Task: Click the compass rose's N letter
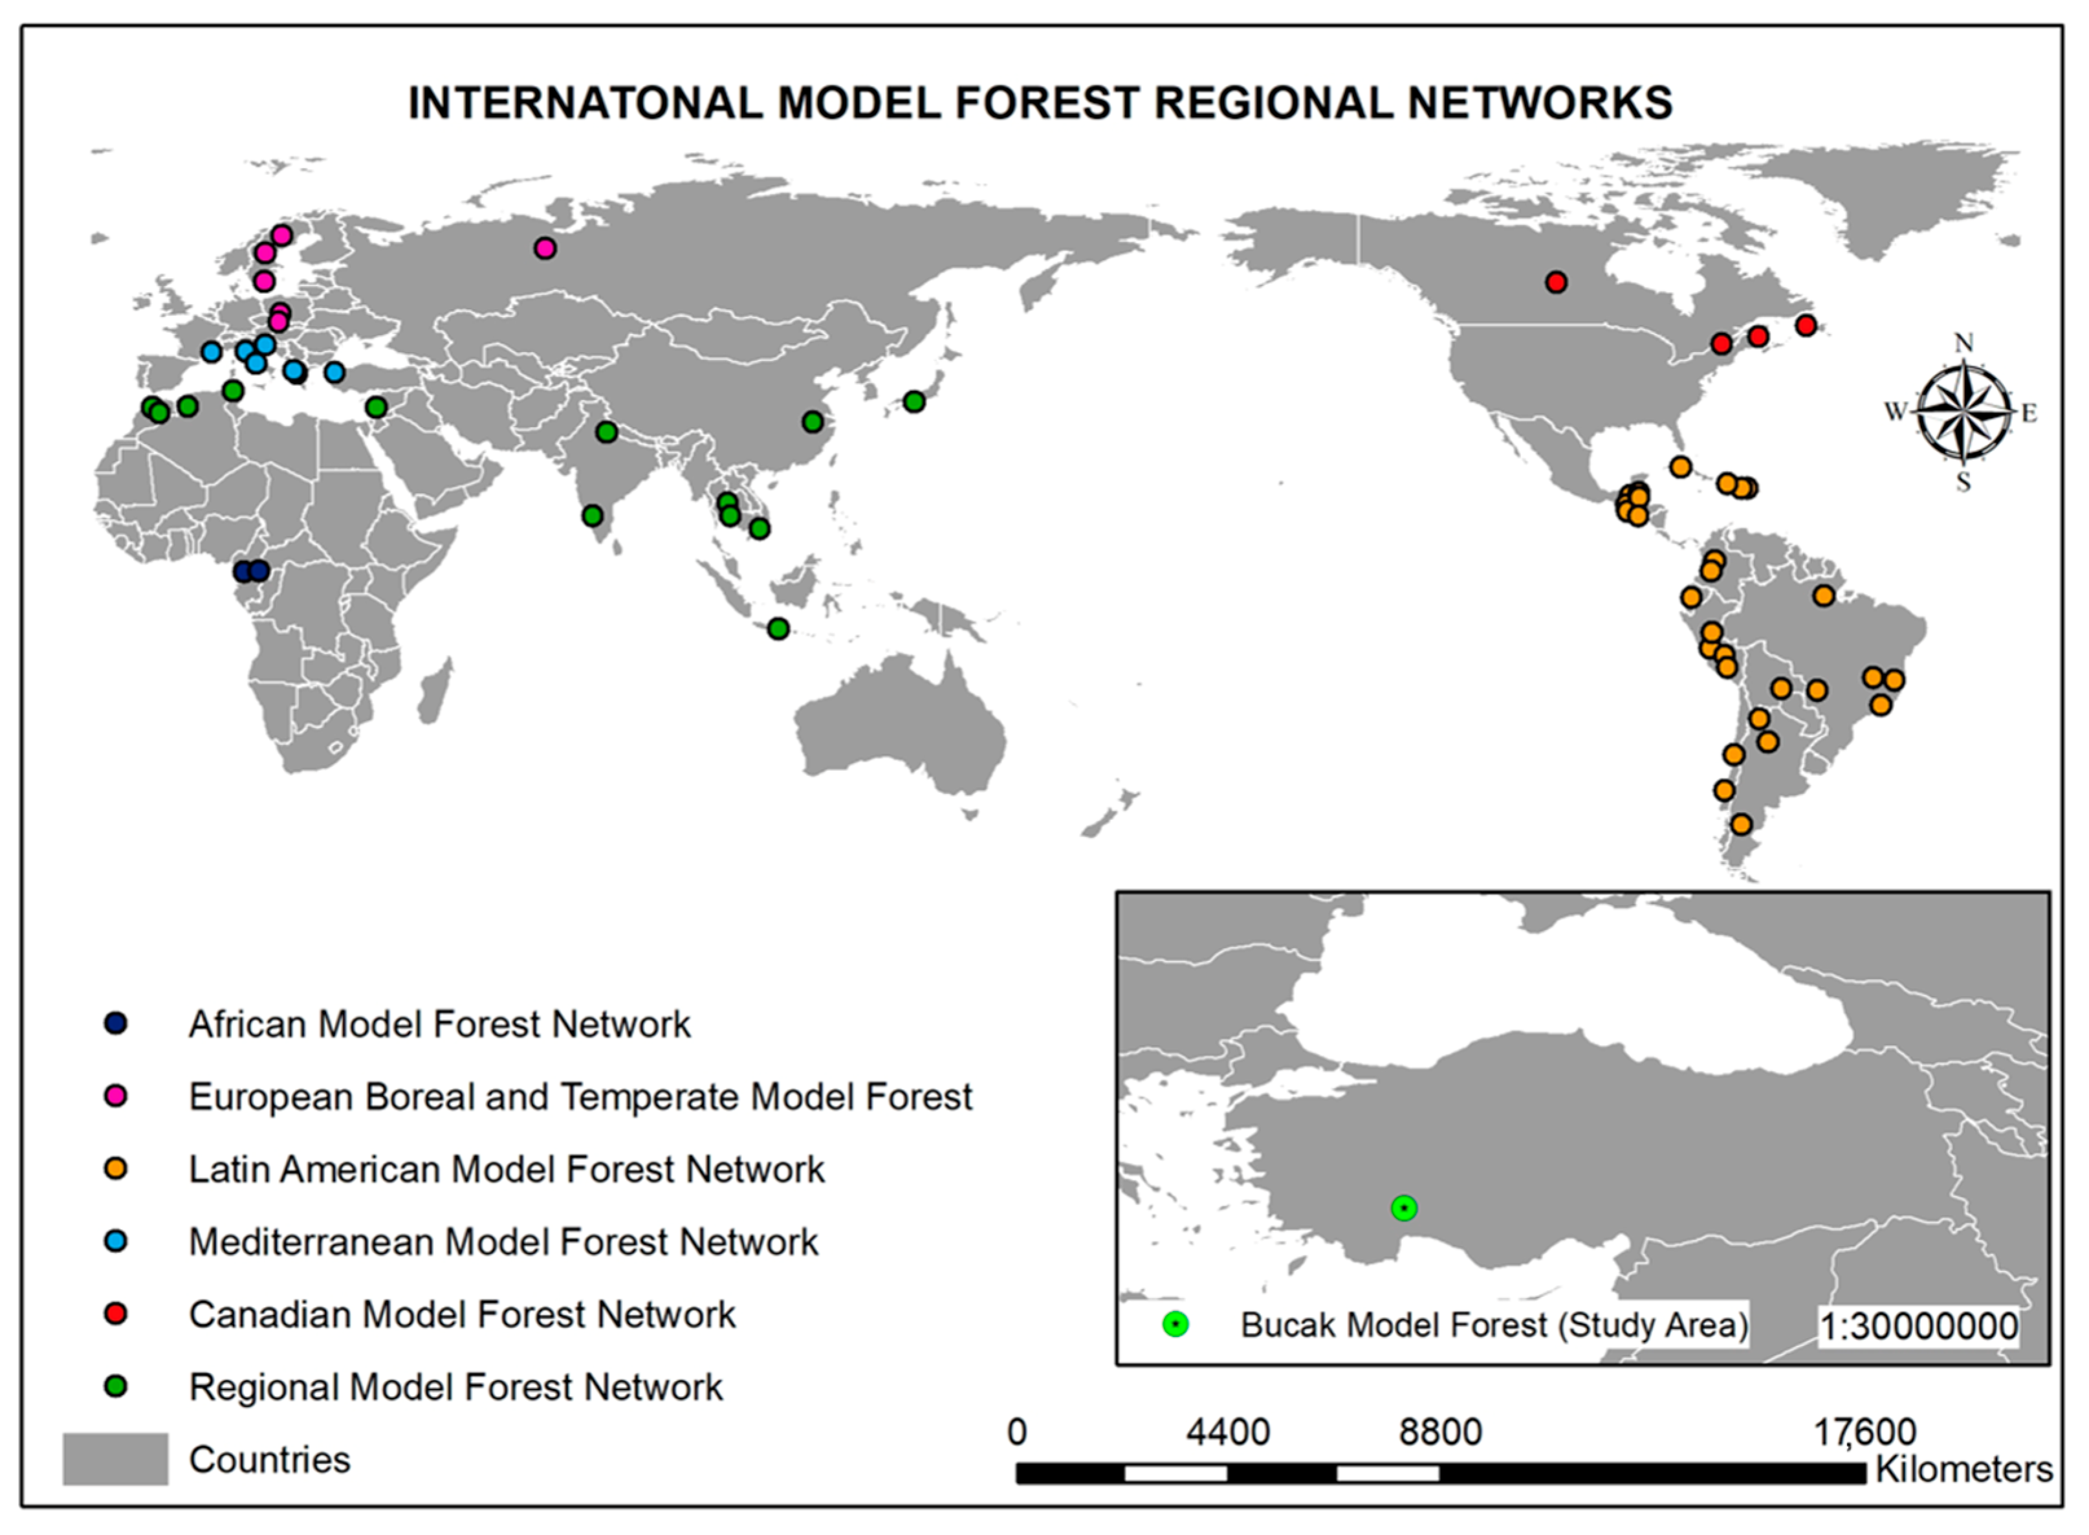tap(1963, 344)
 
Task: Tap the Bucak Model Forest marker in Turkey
tap(1403, 1208)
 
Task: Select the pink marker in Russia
tap(545, 248)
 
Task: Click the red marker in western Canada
tap(1556, 282)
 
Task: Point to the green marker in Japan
tap(914, 401)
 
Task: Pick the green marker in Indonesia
tap(778, 628)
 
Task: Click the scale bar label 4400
tap(1227, 1432)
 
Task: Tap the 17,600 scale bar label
tap(1865, 1432)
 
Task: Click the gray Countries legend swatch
tap(115, 1459)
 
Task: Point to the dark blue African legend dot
tap(115, 1023)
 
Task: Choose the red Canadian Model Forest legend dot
tap(115, 1314)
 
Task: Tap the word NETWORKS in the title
tap(1539, 102)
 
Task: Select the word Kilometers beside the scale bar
tap(1963, 1469)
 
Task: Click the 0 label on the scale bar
tap(1017, 1432)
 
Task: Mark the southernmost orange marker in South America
tap(1742, 824)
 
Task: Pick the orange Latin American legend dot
tap(115, 1168)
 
